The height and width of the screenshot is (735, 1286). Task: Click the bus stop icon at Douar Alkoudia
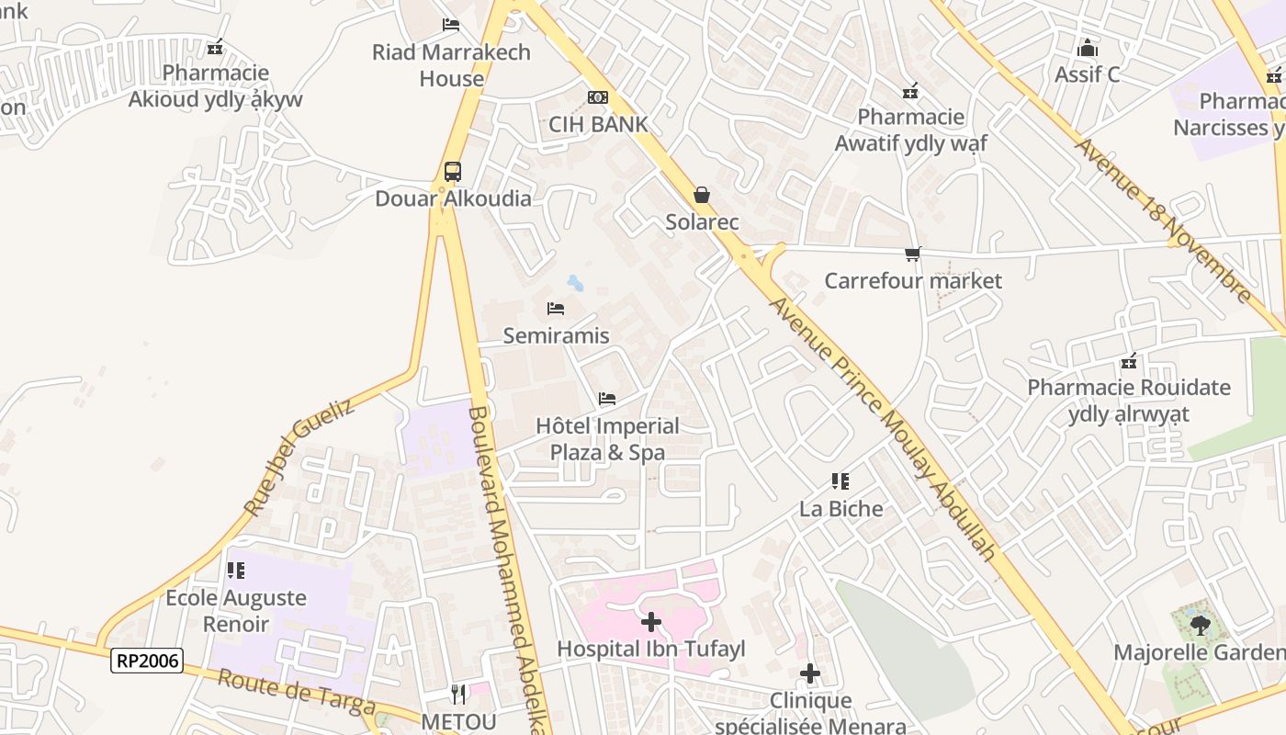point(453,171)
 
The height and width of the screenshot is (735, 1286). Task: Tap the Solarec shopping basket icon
point(702,195)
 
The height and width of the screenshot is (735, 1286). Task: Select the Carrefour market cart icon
point(912,254)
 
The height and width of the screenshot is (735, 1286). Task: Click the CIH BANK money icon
point(598,97)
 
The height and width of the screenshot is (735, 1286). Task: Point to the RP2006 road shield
point(147,660)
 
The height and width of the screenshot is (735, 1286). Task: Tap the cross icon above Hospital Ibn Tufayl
point(651,622)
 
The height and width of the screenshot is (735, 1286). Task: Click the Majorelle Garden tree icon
point(1199,626)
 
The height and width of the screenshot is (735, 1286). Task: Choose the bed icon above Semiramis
point(556,309)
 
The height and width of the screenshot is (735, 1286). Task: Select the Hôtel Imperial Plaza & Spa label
point(607,439)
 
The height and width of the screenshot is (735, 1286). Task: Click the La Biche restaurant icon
point(840,481)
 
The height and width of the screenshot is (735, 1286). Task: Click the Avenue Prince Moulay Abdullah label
point(883,427)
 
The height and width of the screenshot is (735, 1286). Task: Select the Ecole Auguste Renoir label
point(236,611)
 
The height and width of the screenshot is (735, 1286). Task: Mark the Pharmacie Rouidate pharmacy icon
point(1129,361)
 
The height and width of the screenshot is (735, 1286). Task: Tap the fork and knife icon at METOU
point(459,694)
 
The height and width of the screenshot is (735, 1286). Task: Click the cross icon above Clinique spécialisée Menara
point(809,674)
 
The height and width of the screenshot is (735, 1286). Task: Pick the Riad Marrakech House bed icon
point(451,25)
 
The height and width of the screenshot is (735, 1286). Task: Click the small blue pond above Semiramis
point(575,282)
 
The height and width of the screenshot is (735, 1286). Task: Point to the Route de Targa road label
point(297,691)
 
